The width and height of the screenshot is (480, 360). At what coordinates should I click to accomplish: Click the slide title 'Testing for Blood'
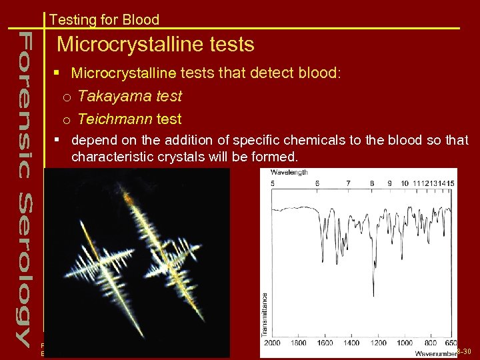[x=104, y=19]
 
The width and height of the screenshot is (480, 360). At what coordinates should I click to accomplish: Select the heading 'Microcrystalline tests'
[x=155, y=45]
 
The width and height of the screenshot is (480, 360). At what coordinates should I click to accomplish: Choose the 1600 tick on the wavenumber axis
[x=325, y=343]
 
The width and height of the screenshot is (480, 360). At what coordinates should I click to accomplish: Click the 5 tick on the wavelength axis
[x=272, y=183]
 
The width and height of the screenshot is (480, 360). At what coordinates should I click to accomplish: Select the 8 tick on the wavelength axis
[x=372, y=183]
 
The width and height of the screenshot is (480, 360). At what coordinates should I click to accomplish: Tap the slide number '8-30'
[x=465, y=351]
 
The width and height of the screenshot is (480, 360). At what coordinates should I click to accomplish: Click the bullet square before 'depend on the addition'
[x=59, y=141]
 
